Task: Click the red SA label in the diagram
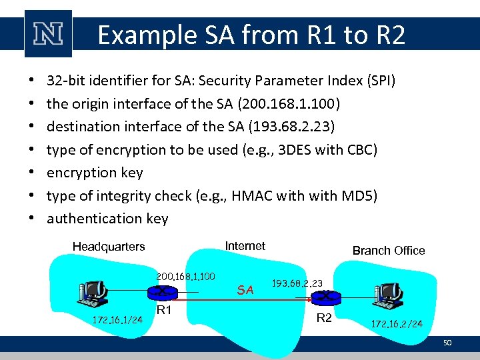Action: click(245, 289)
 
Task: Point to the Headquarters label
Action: click(109, 247)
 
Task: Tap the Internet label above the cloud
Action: click(245, 246)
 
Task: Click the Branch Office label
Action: click(388, 251)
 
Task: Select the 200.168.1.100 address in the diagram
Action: click(185, 276)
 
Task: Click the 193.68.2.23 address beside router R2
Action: click(297, 283)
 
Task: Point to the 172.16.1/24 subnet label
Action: click(117, 320)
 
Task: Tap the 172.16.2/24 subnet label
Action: click(397, 324)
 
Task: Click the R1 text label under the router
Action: click(165, 311)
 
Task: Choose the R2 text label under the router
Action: click(324, 318)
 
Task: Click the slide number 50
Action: click(447, 342)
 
